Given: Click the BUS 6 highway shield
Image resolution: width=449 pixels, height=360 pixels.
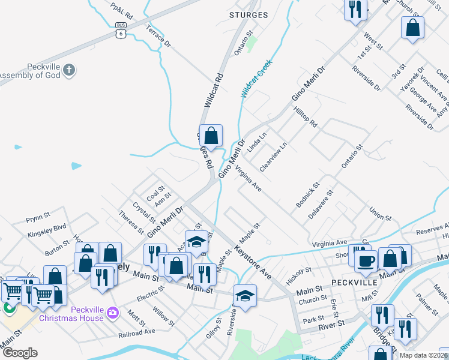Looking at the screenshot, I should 121,30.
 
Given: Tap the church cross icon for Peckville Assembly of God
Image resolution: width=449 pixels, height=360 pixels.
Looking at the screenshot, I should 69,70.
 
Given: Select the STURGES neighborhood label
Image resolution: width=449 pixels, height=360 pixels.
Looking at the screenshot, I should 249,15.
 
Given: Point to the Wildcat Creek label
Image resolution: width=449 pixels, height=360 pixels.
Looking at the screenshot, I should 256,78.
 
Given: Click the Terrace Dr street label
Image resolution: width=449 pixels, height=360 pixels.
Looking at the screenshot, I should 158,35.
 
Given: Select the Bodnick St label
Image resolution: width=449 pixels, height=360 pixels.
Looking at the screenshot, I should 308,196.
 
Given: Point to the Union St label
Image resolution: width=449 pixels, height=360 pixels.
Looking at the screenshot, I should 381,214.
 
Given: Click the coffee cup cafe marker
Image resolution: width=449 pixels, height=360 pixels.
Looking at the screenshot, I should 366,261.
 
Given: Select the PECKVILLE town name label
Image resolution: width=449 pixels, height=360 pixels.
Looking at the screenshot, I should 354,281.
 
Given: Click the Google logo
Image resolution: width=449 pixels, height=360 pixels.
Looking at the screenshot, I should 20,353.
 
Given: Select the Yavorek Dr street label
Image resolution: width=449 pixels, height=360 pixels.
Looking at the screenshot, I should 412,79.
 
